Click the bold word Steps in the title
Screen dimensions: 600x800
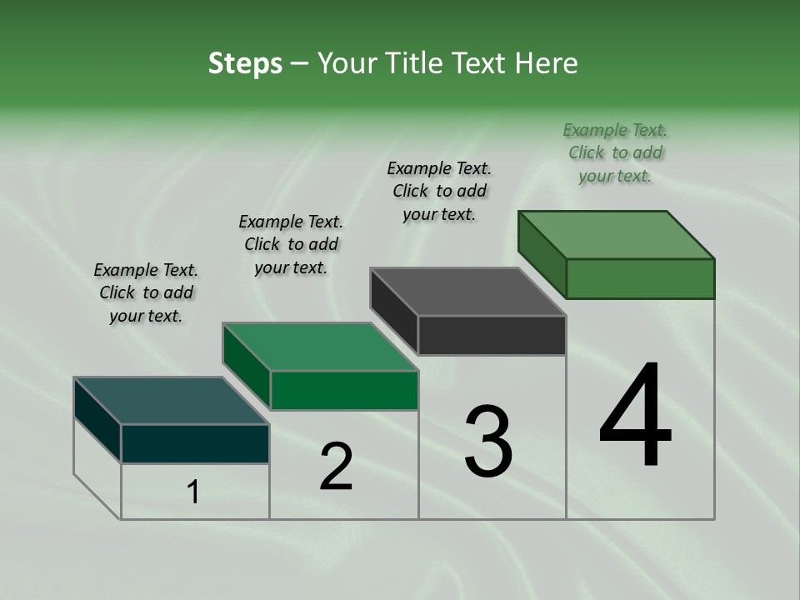245,63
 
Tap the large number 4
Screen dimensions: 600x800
635,417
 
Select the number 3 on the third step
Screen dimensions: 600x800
488,442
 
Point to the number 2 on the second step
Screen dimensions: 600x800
337,467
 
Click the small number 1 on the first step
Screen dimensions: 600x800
193,492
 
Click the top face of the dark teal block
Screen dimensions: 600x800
171,400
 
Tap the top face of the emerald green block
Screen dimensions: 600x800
320,346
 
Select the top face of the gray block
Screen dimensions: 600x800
467,292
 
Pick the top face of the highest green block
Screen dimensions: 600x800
616,234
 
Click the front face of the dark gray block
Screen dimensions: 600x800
492,335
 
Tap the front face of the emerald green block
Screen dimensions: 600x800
344,390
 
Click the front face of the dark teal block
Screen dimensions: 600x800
195,443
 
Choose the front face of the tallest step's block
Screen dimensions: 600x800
640,278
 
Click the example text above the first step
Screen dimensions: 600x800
146,292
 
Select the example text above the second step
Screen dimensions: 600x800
291,244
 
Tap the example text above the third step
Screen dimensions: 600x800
439,191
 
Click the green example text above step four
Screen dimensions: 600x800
615,152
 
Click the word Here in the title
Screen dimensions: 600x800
548,63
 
